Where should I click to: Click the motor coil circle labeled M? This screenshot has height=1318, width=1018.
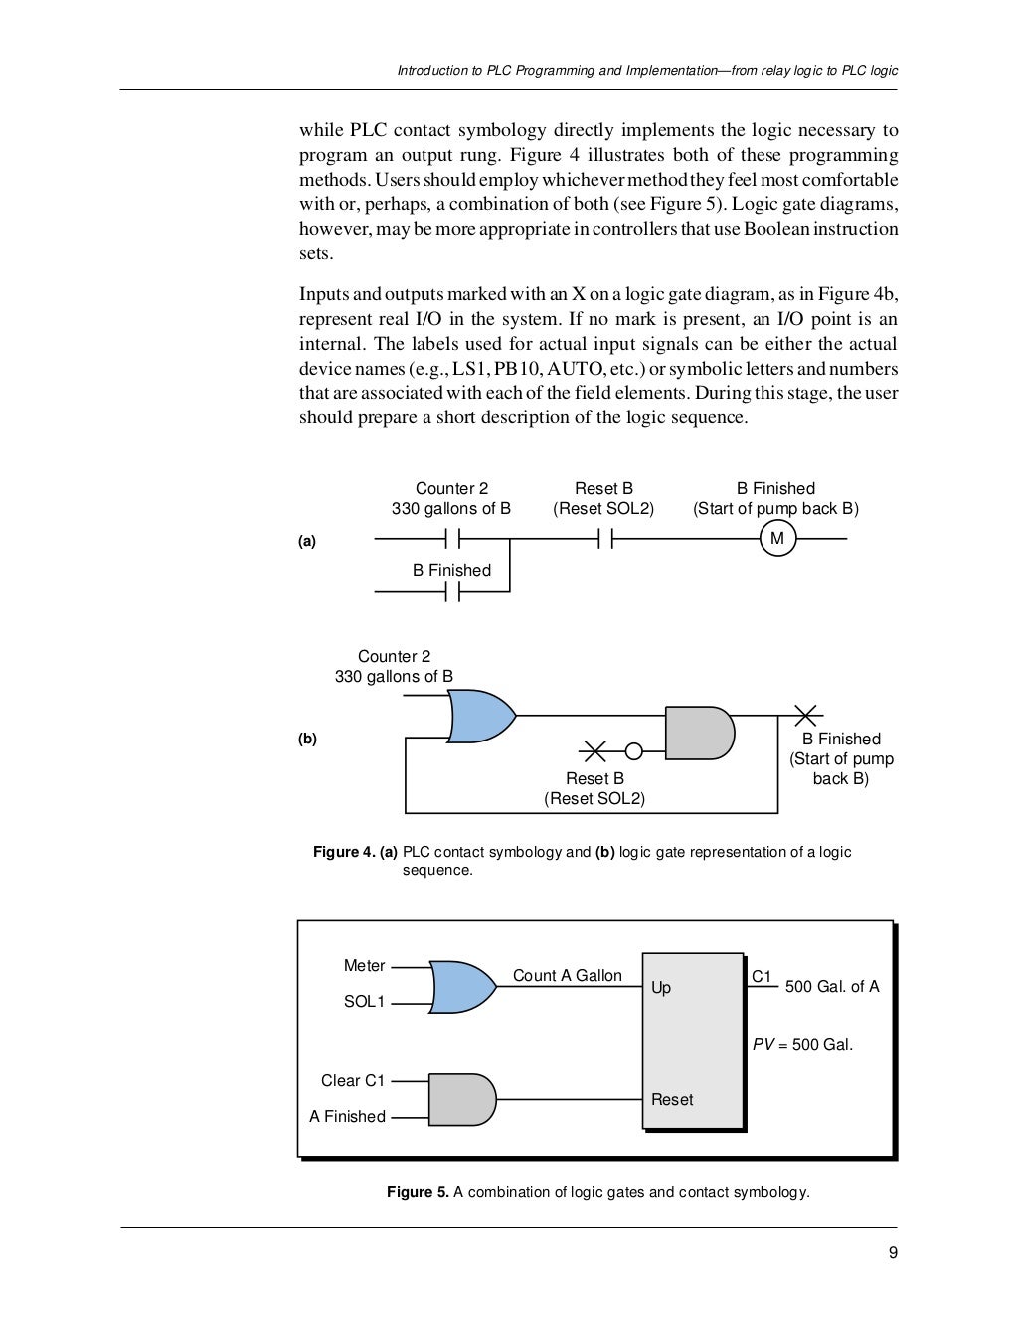(x=777, y=539)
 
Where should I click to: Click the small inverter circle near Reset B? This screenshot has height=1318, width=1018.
(x=633, y=750)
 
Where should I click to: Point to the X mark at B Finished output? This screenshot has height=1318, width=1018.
(x=807, y=715)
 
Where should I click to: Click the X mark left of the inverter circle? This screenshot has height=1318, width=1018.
(x=594, y=750)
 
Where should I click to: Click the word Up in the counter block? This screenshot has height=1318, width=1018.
(x=661, y=987)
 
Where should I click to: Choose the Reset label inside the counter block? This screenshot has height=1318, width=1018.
(x=672, y=1099)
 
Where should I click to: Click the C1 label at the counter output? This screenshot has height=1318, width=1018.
(x=762, y=977)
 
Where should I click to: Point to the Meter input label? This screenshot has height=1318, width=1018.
(x=364, y=966)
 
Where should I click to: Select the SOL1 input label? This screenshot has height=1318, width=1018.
(x=364, y=1002)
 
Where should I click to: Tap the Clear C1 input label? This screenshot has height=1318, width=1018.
(x=353, y=1080)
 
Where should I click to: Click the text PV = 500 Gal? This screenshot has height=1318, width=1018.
(x=802, y=1045)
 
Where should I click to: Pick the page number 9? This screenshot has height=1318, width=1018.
(x=893, y=1252)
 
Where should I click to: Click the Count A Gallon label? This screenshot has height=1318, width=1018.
(x=567, y=976)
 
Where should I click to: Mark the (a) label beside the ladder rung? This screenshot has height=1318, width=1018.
(x=307, y=541)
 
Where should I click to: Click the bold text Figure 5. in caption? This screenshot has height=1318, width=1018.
(x=418, y=1192)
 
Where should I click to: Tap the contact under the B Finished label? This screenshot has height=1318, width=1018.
(x=453, y=592)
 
